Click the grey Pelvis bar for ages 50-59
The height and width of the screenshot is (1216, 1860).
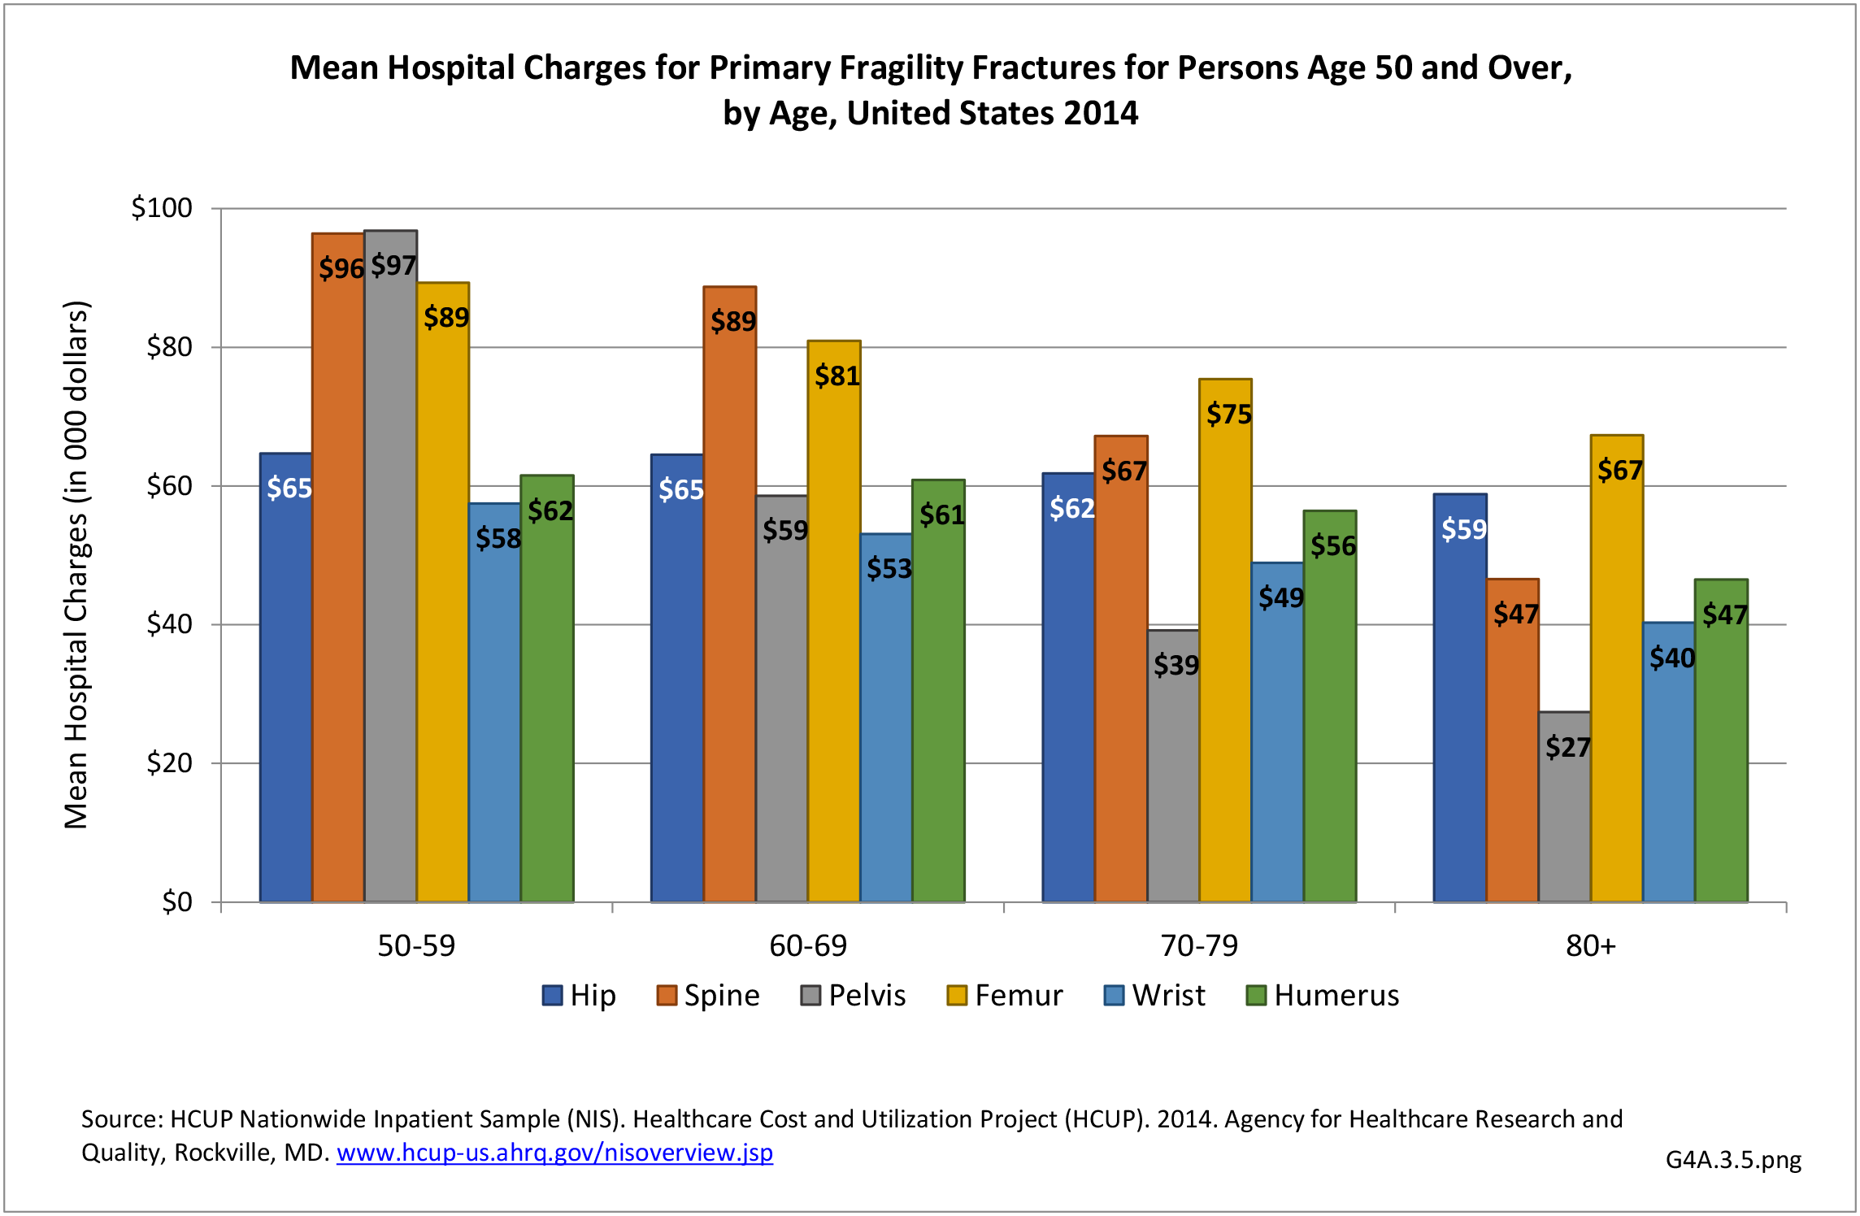[x=391, y=569]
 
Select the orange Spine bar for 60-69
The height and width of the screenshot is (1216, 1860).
[x=730, y=593]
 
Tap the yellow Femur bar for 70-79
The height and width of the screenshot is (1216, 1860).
[x=1225, y=642]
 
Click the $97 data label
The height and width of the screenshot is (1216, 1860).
[x=393, y=265]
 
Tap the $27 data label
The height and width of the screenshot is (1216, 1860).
[x=1567, y=747]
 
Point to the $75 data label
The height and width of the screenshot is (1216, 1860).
[x=1228, y=415]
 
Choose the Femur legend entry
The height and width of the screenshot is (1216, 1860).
[x=1005, y=996]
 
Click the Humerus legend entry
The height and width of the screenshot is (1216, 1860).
[x=1323, y=996]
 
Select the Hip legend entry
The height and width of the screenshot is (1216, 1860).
[x=579, y=996]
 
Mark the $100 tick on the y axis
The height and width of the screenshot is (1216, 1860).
[x=163, y=208]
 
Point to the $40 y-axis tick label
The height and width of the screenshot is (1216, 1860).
[x=169, y=624]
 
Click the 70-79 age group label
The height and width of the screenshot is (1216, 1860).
[x=1199, y=946]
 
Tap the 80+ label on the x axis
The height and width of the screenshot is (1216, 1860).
[x=1591, y=946]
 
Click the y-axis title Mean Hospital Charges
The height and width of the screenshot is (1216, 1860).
[x=76, y=565]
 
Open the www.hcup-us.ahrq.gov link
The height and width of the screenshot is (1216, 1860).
[x=554, y=1153]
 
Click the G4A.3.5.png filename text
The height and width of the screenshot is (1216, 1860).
[x=1733, y=1159]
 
